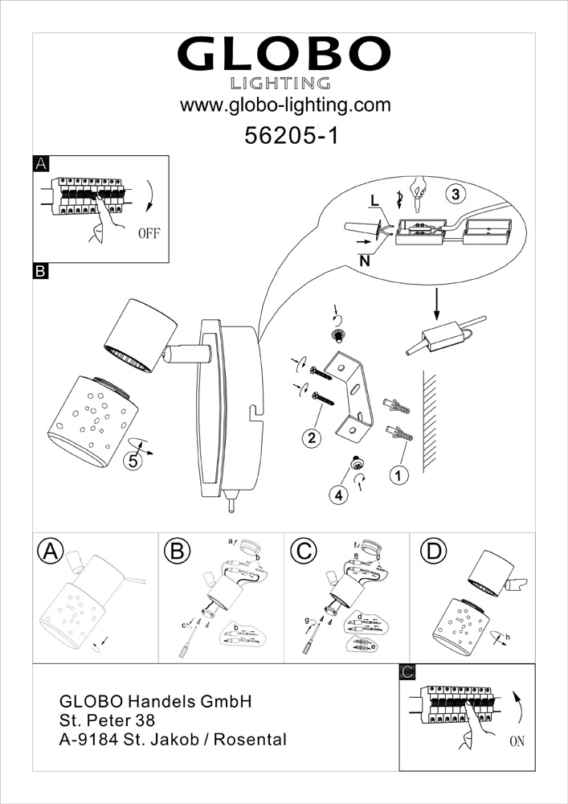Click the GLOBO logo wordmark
coord(284,55)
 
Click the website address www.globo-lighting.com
coord(284,105)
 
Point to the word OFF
coord(150,235)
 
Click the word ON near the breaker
coord(516,741)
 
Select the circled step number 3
coord(455,194)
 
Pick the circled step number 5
coord(133,461)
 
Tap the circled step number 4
coord(338,495)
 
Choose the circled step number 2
coord(312,437)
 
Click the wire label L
coord(374,200)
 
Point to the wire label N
coord(366,260)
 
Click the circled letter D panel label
coord(434,552)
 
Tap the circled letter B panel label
coord(175,552)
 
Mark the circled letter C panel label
coord(302,552)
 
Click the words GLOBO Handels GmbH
coord(157,701)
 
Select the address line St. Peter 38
coord(107,720)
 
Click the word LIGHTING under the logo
coord(281,82)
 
